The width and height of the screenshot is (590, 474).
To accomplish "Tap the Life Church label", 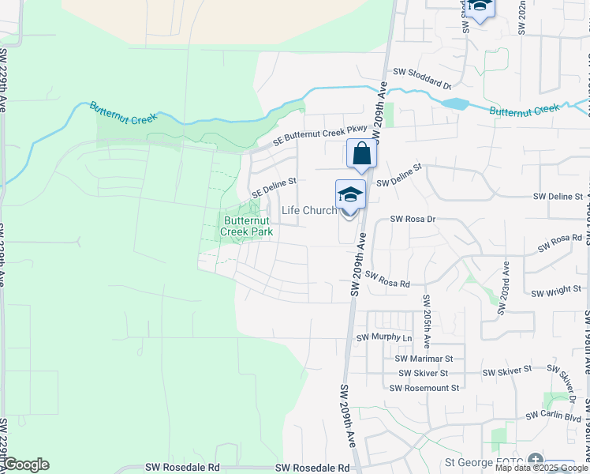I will pos(309,210).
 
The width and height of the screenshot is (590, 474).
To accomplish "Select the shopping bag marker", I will pos(361,153).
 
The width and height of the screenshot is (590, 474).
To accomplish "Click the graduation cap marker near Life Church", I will pos(350,194).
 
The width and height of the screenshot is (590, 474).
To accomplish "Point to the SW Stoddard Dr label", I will pos(421,73).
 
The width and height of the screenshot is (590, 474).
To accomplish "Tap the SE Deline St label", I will pos(273,186).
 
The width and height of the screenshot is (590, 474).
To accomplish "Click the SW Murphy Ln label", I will pos(384,337).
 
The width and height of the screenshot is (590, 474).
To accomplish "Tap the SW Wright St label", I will pos(556,292).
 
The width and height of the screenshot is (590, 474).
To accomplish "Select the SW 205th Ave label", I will pos(426,322).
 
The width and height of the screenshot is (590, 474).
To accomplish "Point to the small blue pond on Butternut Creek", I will pos(454,103).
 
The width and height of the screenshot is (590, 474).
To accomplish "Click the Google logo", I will pos(25,465).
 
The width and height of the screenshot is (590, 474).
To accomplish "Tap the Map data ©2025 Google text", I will pos(541,468).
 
